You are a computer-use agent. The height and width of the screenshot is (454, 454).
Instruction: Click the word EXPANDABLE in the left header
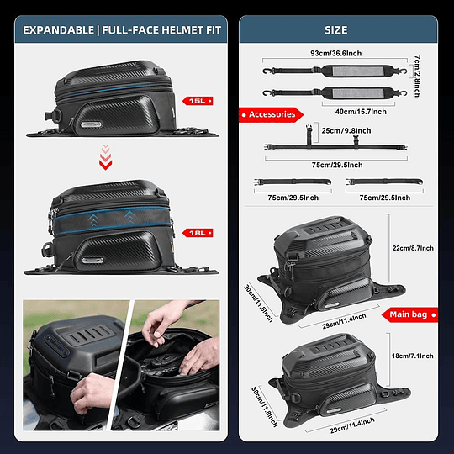click(59, 30)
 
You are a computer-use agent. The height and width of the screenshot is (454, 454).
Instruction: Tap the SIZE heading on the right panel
click(335, 30)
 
